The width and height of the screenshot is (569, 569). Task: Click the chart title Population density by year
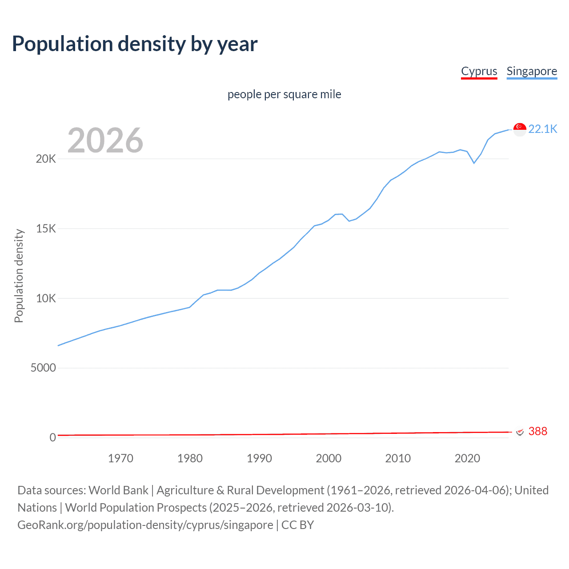tap(135, 44)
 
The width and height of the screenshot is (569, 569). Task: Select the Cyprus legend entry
tap(479, 71)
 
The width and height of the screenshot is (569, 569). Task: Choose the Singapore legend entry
tap(532, 71)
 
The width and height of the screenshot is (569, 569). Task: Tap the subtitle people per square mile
tap(284, 94)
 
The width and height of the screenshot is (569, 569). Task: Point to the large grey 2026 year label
tap(105, 140)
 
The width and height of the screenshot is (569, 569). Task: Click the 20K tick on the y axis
tap(46, 159)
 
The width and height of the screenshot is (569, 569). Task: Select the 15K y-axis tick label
tap(46, 229)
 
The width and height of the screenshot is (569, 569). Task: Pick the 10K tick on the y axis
tap(46, 298)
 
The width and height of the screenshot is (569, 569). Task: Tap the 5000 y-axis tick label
tap(43, 368)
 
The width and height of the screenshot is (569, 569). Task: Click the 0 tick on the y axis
tap(52, 437)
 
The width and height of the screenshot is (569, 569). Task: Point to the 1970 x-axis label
tap(120, 458)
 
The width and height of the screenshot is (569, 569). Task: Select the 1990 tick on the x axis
tap(259, 458)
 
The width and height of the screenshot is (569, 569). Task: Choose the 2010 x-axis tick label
tap(398, 458)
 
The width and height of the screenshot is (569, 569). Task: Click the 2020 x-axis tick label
tap(467, 458)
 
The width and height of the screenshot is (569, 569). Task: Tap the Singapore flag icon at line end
tap(520, 129)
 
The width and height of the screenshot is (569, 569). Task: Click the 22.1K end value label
tap(542, 129)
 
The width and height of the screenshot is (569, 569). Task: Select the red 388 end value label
tap(537, 431)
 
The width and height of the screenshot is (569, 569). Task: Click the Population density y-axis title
tap(19, 276)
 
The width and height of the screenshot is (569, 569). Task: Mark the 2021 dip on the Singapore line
tap(474, 163)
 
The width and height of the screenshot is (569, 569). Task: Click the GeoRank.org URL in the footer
tap(145, 525)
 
